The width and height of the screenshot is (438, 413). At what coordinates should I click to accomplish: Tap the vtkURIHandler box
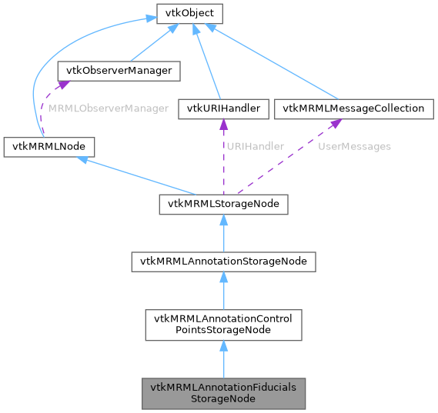tap(223, 108)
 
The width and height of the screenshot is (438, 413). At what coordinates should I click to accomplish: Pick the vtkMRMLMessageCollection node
tap(354, 108)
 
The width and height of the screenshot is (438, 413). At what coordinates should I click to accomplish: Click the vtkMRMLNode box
tap(49, 145)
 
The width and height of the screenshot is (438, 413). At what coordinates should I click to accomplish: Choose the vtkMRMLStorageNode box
tap(223, 204)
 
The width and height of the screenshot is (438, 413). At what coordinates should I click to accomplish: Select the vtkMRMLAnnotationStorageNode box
tap(223, 261)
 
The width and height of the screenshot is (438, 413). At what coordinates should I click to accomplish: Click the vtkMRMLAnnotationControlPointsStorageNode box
tap(223, 326)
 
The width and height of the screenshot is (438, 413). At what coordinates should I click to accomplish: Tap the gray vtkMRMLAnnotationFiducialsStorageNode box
tap(223, 392)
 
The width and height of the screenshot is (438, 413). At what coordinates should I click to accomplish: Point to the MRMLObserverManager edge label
tap(109, 109)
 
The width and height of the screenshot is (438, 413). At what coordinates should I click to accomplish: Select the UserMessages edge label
tap(355, 146)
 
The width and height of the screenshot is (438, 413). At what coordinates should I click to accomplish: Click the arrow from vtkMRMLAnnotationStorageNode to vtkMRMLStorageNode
tap(223, 233)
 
